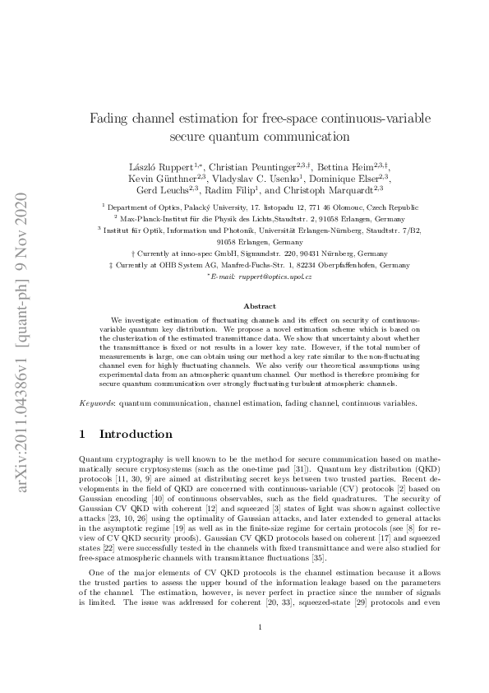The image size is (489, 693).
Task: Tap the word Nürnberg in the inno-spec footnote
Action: tap(322, 254)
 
